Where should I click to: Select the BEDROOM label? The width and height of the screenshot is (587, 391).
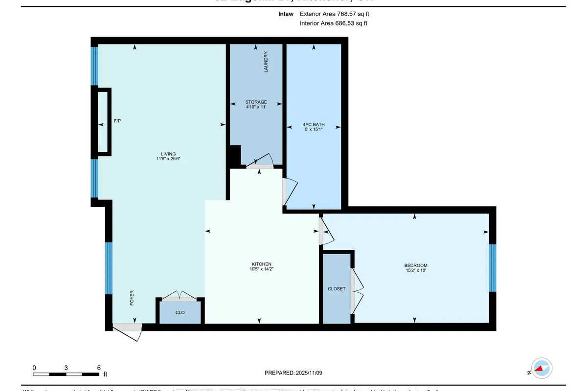[x=416, y=265]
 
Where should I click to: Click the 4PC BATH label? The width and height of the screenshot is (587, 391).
[x=314, y=125]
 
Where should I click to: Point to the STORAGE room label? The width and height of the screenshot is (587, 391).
[x=256, y=102]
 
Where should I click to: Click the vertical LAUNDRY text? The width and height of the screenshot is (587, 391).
[x=266, y=62]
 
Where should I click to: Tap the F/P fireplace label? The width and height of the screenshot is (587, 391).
[x=117, y=121]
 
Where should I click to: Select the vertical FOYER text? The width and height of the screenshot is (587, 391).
[x=132, y=298]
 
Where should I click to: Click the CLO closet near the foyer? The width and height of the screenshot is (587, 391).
[x=180, y=312]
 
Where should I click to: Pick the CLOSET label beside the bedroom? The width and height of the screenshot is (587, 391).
[x=337, y=289]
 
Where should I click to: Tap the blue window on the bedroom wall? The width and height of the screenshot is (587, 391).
[x=493, y=268]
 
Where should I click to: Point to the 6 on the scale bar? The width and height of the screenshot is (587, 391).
[x=98, y=368]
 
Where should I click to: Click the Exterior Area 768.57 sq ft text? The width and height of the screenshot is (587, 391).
[x=334, y=15]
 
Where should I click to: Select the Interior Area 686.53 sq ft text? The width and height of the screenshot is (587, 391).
[x=333, y=23]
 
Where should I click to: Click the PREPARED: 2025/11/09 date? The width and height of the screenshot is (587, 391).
[x=293, y=373]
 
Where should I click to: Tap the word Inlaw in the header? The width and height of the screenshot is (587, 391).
[x=285, y=15]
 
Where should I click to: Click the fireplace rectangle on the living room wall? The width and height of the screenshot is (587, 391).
[x=103, y=121]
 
